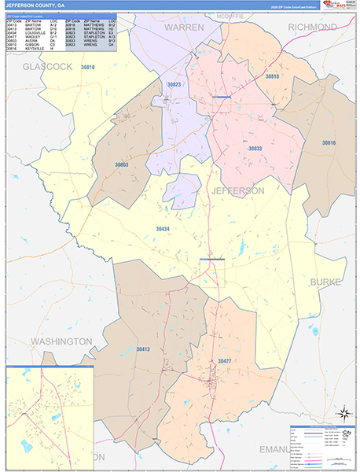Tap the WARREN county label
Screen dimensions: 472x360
pos(183,27)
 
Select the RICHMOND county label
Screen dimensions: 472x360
pos(312,27)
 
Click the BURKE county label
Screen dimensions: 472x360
pos(325,281)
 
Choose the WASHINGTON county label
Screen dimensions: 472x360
pos(61,341)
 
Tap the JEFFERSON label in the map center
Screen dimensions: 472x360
pos(237,190)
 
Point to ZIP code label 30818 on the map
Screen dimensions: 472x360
pos(272,76)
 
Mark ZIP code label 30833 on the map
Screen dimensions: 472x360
pos(255,148)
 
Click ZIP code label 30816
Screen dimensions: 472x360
pos(328,142)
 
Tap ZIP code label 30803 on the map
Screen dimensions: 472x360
pos(121,165)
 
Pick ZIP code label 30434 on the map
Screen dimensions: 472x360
pos(163,228)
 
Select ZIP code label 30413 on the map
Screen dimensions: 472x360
pos(142,348)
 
